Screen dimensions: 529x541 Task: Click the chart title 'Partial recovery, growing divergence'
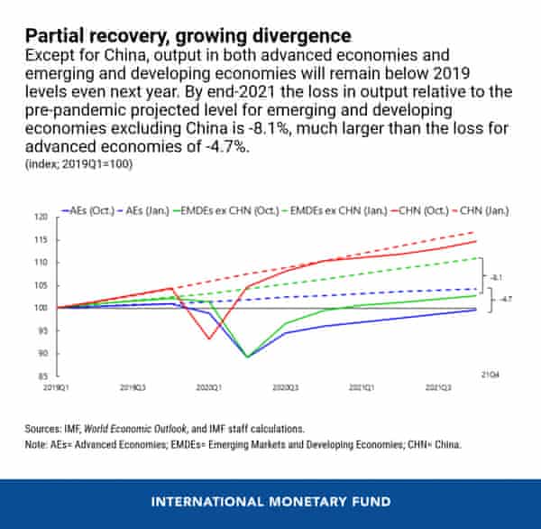(x=188, y=37)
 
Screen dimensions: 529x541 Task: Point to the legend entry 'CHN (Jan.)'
(x=481, y=210)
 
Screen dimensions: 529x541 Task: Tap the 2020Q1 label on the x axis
(x=209, y=386)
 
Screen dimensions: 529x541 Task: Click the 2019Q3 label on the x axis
(x=133, y=386)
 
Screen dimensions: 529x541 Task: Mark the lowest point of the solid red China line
(x=209, y=339)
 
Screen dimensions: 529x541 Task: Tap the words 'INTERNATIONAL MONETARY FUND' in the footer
(x=270, y=501)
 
